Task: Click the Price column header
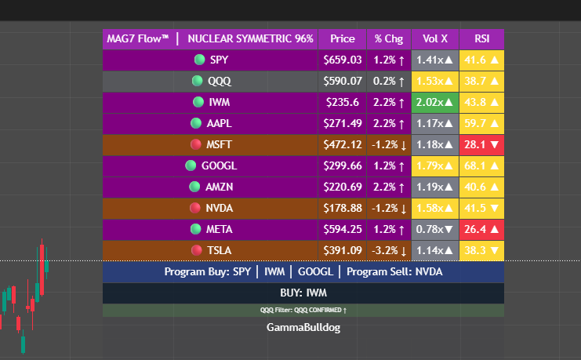[x=342, y=38]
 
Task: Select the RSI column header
[x=481, y=38]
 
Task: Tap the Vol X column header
[x=435, y=38]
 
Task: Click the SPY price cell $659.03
[x=342, y=60]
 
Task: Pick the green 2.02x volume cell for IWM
[x=435, y=102]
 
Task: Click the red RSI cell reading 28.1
[x=481, y=144]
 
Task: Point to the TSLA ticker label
[x=219, y=250]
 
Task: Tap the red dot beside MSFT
[x=196, y=144]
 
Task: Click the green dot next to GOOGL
[x=191, y=165]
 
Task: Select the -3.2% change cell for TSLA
[x=389, y=250]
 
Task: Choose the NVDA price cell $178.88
[x=342, y=208]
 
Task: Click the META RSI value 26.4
[x=481, y=229]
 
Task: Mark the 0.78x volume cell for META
[x=435, y=229]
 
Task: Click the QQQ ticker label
[x=220, y=81]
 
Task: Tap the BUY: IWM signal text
[x=303, y=293]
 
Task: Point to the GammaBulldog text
[x=303, y=327]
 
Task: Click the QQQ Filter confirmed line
[x=303, y=310]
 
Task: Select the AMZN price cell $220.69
[x=342, y=187]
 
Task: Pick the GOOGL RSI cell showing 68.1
[x=481, y=165]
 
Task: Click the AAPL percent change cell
[x=389, y=123]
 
